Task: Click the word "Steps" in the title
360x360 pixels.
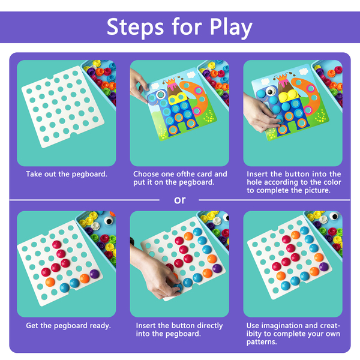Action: click(x=135, y=27)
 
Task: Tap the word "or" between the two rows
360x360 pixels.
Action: click(x=179, y=200)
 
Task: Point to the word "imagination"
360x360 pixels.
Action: click(x=282, y=326)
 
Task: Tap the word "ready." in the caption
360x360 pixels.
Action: click(x=100, y=326)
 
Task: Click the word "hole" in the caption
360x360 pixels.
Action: click(x=254, y=182)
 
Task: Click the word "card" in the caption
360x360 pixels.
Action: click(x=205, y=174)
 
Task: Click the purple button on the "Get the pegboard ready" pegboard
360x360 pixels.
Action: click(x=94, y=274)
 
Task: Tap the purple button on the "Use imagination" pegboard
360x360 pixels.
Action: click(x=324, y=267)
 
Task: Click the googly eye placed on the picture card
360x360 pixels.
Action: click(x=271, y=92)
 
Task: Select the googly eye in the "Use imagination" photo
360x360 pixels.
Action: click(x=334, y=216)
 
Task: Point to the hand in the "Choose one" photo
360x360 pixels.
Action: click(x=139, y=85)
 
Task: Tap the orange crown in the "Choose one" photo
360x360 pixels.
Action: click(x=170, y=81)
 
